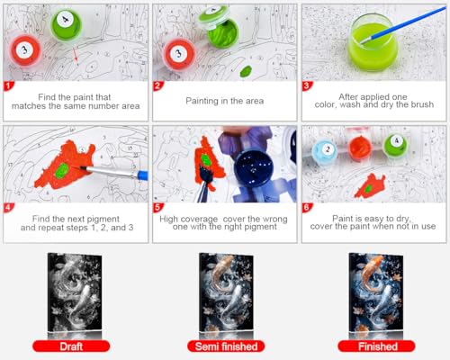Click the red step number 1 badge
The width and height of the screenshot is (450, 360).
[9, 86]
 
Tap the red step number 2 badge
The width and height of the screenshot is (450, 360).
[158, 86]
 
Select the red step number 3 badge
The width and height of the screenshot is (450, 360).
[307, 86]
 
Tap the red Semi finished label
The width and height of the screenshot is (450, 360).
[223, 346]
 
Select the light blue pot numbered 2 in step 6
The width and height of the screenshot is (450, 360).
[327, 150]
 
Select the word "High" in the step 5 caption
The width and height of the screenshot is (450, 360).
[172, 218]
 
